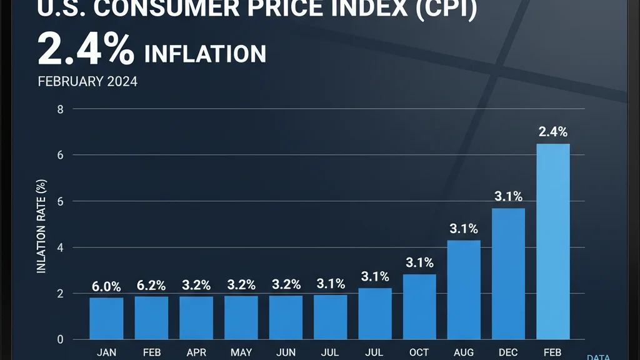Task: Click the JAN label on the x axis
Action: coord(106,352)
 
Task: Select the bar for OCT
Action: coord(419,306)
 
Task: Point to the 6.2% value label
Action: coord(151,286)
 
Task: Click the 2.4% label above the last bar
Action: coord(553,132)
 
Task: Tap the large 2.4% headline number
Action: coord(86,51)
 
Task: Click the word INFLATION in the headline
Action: coord(205,54)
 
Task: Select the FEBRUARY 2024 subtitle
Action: coord(87,82)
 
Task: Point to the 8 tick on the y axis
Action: coord(61,109)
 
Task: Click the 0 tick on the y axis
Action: coord(61,340)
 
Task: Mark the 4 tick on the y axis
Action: coord(61,248)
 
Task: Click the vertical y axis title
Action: coord(42,225)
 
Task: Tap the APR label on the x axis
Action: coord(196,352)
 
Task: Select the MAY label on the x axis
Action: coord(241,352)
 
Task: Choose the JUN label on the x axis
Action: coord(285,352)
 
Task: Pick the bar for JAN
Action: coord(106,318)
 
